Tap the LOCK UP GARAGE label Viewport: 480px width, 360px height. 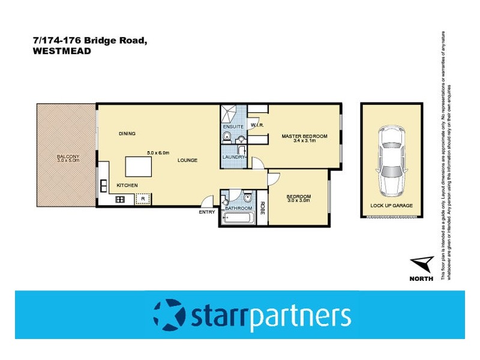(x=391, y=205)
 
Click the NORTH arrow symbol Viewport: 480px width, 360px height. (x=423, y=264)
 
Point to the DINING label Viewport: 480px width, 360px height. (x=127, y=133)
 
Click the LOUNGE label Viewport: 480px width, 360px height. (x=187, y=160)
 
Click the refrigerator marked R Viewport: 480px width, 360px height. (x=143, y=199)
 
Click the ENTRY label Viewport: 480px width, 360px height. (x=207, y=212)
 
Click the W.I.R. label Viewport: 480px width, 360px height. (x=258, y=125)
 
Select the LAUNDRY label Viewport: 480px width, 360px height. (x=233, y=157)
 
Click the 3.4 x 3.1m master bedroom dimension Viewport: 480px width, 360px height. (x=304, y=142)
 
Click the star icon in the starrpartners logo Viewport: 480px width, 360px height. (x=169, y=314)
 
